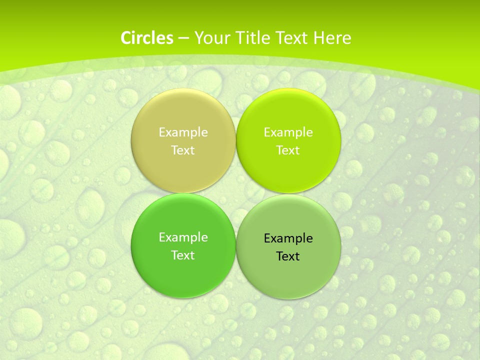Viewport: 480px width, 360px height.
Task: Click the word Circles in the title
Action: click(147, 38)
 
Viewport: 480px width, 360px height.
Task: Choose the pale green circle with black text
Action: click(288, 272)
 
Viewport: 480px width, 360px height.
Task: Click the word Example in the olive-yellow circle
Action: click(183, 132)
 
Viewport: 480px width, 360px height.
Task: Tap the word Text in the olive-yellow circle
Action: click(183, 150)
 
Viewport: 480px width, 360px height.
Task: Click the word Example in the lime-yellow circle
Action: click(288, 132)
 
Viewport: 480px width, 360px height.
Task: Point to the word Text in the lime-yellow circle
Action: click(288, 150)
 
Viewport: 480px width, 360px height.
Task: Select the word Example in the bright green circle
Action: click(183, 237)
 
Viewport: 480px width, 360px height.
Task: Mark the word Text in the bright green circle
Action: click(183, 255)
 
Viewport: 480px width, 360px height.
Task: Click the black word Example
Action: click(288, 238)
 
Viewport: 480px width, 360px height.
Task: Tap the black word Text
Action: click(288, 256)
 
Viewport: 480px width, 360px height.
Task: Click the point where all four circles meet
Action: click(236, 193)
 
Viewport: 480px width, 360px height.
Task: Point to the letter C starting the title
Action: click(126, 38)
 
